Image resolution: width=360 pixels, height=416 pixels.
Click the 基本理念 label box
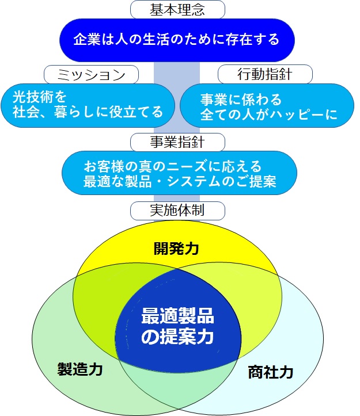[177, 9]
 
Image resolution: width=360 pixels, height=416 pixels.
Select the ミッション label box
[92, 74]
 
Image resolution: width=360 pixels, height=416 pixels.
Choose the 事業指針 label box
[177, 141]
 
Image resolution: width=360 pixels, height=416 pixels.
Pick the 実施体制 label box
[177, 211]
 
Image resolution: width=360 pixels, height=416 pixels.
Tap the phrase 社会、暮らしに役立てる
[88, 112]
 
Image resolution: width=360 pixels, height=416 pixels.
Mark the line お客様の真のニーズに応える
[173, 166]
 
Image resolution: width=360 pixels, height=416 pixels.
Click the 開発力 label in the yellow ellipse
[176, 249]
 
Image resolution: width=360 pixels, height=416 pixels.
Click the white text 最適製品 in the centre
[177, 315]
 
